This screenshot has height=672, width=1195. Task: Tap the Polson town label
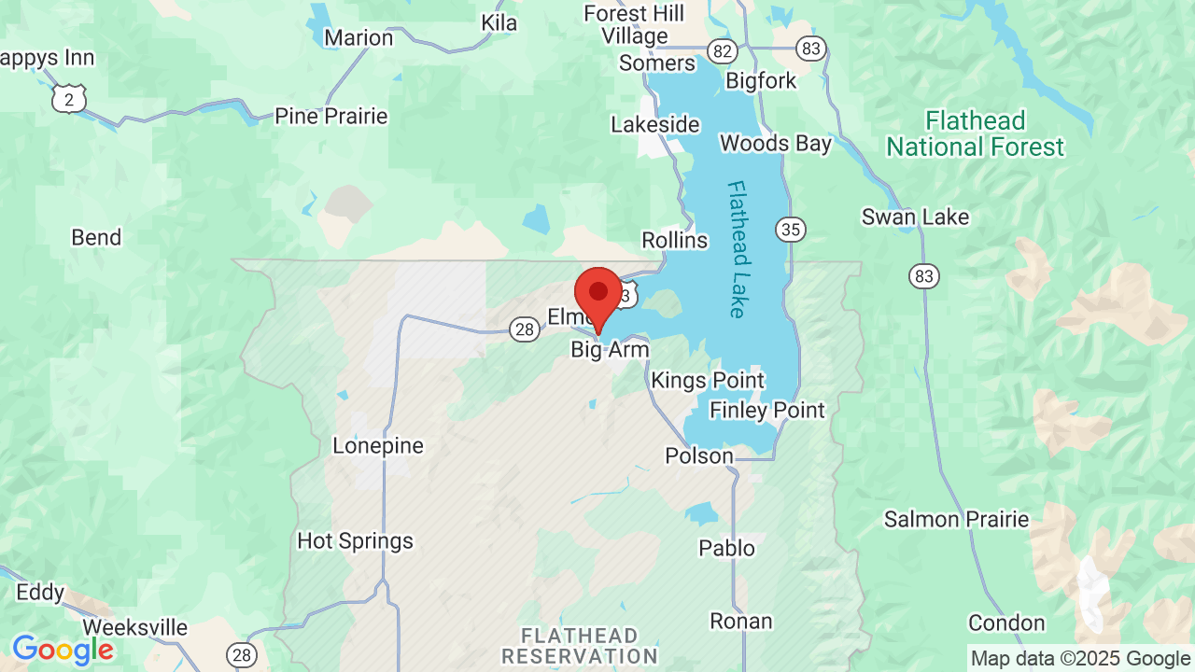click(698, 455)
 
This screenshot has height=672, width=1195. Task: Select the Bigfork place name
click(761, 81)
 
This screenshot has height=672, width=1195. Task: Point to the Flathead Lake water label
click(738, 249)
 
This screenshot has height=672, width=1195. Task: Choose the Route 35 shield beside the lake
click(790, 229)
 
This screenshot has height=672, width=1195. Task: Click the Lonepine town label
click(378, 446)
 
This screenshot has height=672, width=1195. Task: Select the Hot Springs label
click(355, 541)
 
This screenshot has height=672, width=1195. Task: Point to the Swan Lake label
click(915, 217)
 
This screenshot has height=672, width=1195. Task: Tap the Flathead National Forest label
click(975, 133)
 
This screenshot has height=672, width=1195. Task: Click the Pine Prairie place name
click(330, 117)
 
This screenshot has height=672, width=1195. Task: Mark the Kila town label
click(499, 22)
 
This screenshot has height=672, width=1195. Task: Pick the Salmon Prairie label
click(956, 520)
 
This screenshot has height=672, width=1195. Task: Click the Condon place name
click(1006, 623)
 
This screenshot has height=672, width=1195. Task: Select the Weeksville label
click(135, 627)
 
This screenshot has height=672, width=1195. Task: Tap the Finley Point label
click(767, 411)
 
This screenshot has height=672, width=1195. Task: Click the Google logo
click(63, 650)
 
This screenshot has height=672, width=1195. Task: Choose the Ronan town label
click(741, 622)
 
